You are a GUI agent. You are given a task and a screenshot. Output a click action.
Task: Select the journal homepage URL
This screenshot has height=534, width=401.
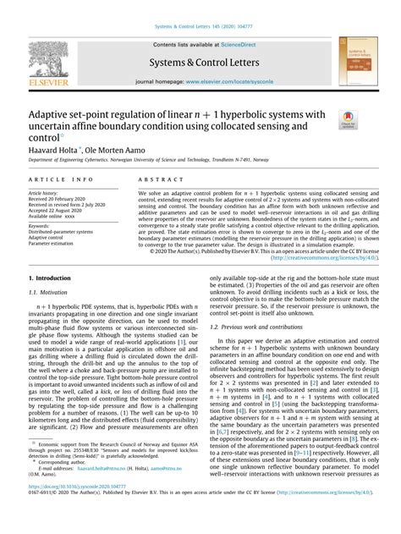click(239, 83)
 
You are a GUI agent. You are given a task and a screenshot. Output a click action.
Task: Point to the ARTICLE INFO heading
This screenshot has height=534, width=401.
click(62, 180)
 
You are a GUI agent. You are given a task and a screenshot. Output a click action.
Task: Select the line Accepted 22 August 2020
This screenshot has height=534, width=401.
click(59, 211)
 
